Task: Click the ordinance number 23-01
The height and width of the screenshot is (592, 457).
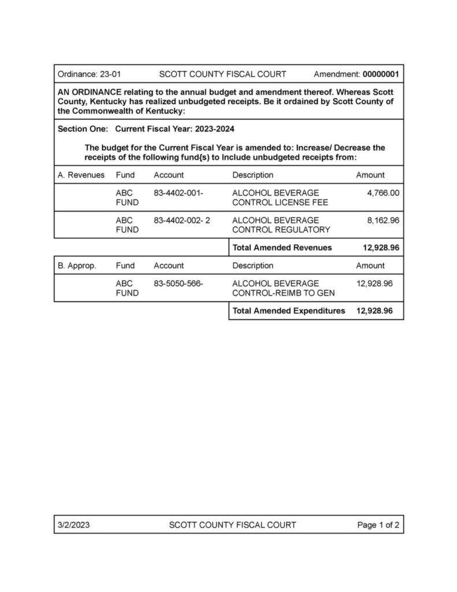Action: [110, 75]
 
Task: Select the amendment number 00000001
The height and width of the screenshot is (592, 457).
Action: [380, 75]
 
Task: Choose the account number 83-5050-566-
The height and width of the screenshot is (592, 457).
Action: [179, 283]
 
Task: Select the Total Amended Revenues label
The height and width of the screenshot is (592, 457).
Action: [282, 247]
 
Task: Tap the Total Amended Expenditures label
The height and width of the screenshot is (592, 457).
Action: [288, 310]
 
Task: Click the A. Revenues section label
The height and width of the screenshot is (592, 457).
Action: [81, 175]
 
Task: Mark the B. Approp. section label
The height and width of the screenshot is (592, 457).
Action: [77, 266]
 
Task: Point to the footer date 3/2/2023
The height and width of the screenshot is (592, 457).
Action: [73, 525]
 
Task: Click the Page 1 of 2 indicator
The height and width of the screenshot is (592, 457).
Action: [378, 525]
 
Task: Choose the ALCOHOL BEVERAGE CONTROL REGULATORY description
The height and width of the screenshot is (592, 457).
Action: [281, 225]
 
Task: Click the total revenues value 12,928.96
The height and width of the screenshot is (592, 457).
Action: [378, 247]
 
